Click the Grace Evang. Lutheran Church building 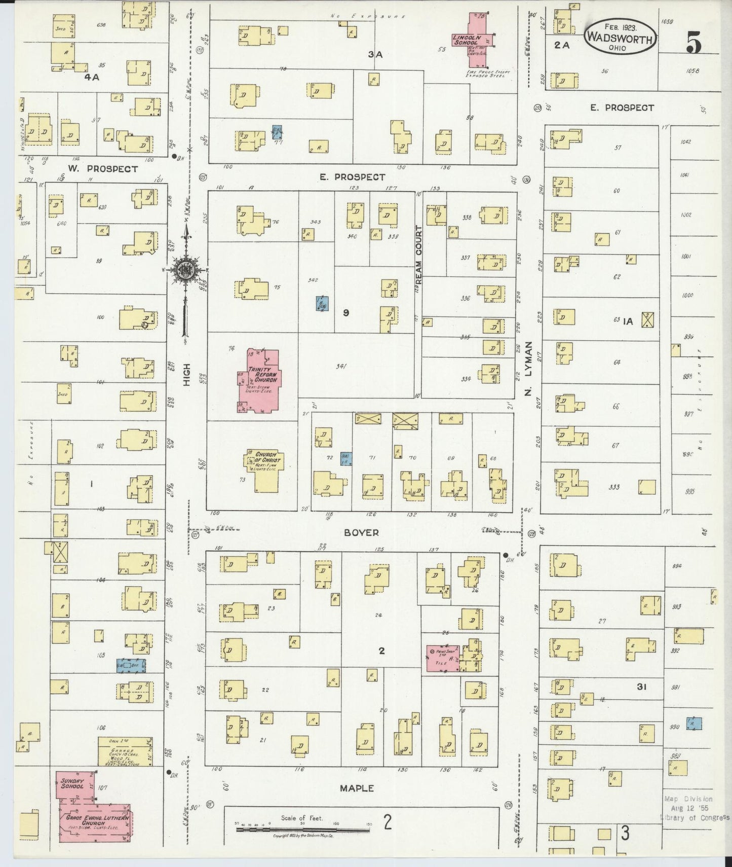click(x=96, y=821)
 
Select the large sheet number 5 click(x=694, y=43)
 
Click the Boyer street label click(x=361, y=532)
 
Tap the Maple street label click(x=357, y=788)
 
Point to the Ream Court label click(x=418, y=247)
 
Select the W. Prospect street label click(x=103, y=169)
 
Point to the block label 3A click(x=375, y=54)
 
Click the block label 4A click(x=92, y=78)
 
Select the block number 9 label click(x=346, y=313)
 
